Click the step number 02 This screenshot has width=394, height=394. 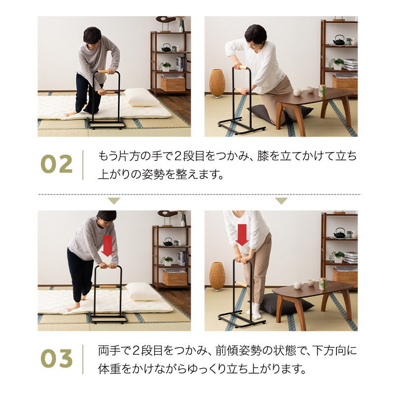pos(56,164)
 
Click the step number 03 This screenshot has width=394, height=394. pos(56,359)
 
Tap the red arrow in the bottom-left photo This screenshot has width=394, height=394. pos(107,245)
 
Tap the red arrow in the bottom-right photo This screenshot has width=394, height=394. pos(242,234)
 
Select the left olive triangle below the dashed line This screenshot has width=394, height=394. pos(114,201)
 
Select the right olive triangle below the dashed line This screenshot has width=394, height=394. pos(281,201)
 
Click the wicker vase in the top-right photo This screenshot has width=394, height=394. pos(217,83)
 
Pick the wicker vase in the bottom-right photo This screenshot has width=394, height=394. pos(217,276)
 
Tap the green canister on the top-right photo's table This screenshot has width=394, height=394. pos(323,91)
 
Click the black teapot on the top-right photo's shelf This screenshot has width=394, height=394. pos(339,40)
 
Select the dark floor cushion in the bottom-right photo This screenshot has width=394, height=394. pos(286,305)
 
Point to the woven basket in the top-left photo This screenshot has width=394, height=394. pos(173,84)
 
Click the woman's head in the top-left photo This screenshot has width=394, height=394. pos(92,35)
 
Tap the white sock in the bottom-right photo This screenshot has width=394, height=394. pos(255,310)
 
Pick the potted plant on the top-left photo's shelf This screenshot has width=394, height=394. pos(165,66)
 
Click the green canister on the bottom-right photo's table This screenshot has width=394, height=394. pos(323,284)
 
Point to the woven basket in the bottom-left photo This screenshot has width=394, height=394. pos(174,278)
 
